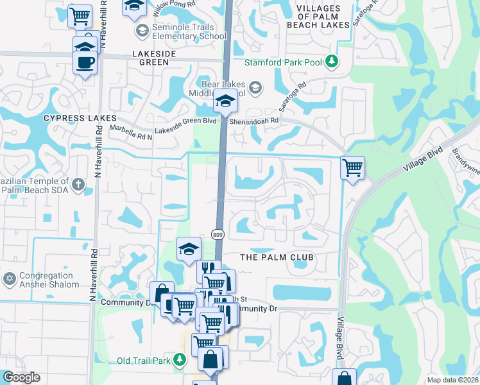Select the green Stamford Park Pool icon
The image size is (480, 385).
pos(332,62)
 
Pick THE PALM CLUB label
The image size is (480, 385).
pos(277,257)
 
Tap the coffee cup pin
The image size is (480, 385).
pos(85,62)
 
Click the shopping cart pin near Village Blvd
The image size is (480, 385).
pos(352,168)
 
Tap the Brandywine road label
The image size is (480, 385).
pos(465,155)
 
